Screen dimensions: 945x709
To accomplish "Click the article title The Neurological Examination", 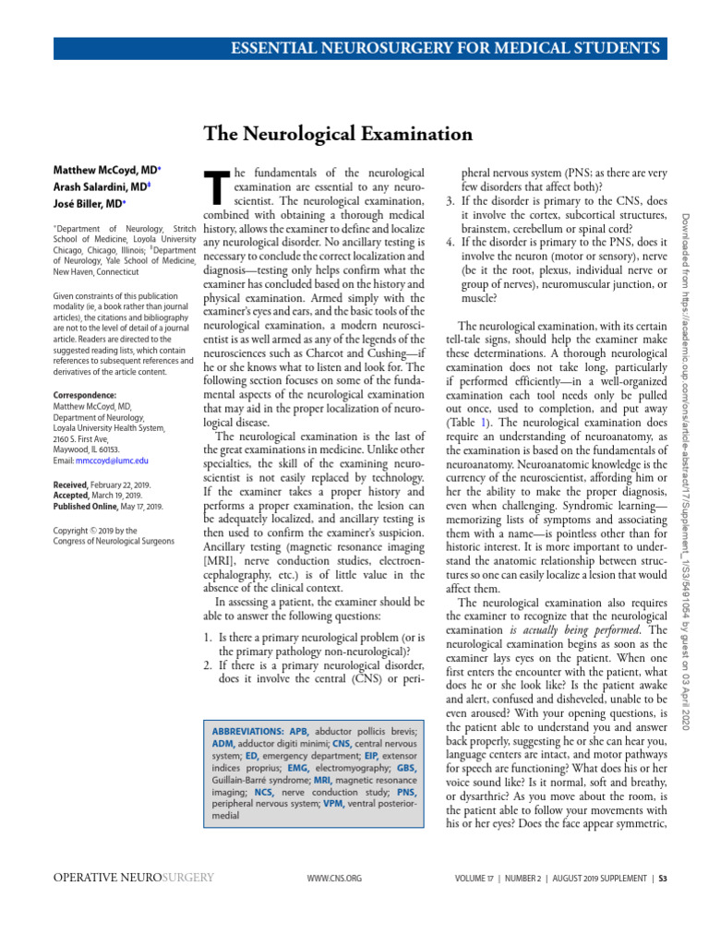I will (338, 135).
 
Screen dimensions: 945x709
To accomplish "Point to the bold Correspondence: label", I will (83, 395).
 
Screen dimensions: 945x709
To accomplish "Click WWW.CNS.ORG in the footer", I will (333, 878).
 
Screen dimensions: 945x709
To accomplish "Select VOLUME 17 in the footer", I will (476, 878).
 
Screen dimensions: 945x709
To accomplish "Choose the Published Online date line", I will (108, 507).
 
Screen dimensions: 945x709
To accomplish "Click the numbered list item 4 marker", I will (451, 242).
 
